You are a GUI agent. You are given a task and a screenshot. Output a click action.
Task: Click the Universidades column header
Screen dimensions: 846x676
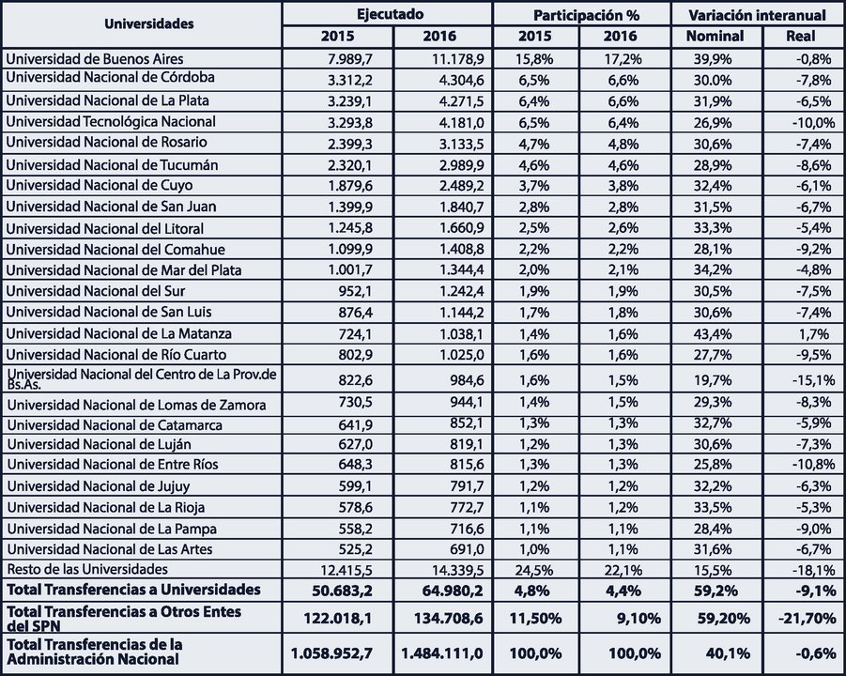click(x=149, y=23)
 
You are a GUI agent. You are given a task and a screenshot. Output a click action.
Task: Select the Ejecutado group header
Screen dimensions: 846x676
click(x=390, y=14)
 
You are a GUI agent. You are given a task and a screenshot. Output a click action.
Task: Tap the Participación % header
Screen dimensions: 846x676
click(x=586, y=15)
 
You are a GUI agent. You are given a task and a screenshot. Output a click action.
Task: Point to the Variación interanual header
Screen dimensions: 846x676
click(x=757, y=15)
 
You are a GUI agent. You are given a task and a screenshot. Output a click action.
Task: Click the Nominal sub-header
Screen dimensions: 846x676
click(x=715, y=36)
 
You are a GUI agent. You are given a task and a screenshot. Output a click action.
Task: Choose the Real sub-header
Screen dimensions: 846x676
click(x=801, y=36)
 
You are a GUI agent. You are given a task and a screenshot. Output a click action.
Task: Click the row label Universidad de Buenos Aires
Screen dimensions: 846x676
click(x=95, y=59)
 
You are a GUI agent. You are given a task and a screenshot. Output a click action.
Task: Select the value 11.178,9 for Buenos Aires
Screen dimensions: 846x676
click(x=457, y=59)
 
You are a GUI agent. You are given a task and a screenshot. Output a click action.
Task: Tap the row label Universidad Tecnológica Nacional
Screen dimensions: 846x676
click(x=111, y=121)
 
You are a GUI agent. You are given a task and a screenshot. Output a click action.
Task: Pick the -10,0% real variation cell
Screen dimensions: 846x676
click(x=813, y=122)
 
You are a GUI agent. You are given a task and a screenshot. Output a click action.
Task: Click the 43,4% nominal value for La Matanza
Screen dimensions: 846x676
click(x=713, y=334)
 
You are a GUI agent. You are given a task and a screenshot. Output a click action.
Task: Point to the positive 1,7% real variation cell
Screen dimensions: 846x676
click(x=814, y=334)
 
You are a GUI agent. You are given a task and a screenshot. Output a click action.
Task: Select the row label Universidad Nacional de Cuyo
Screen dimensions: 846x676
click(x=100, y=185)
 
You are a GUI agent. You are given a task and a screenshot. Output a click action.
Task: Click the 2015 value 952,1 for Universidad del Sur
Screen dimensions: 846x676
click(x=354, y=291)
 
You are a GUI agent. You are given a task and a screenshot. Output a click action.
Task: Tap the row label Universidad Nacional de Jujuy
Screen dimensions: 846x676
click(x=99, y=486)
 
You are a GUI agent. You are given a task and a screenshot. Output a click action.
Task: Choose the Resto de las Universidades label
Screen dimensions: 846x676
click(x=87, y=569)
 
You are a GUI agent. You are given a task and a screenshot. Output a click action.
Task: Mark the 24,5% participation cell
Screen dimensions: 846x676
click(x=534, y=570)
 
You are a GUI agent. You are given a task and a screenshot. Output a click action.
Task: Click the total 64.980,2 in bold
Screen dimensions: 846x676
click(x=449, y=591)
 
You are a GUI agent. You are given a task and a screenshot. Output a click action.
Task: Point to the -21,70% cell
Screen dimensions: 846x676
click(x=808, y=618)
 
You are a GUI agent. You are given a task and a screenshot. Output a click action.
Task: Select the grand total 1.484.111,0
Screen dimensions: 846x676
click(x=442, y=653)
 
